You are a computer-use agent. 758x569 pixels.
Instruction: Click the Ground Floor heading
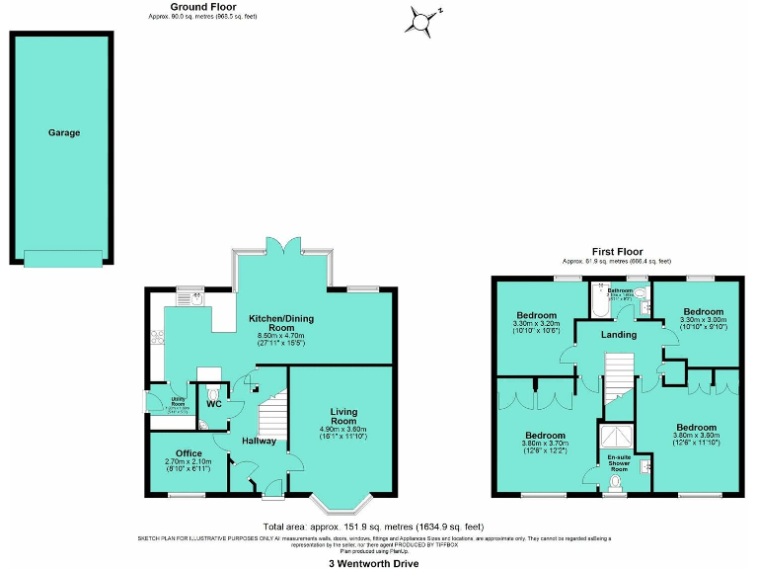coord(202,7)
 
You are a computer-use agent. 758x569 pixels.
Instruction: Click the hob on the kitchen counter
coord(156,337)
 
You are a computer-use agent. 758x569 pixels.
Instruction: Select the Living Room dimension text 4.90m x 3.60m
coord(343,429)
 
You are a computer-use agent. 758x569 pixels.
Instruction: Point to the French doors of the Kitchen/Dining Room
coord(281,248)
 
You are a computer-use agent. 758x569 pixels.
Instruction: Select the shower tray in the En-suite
coord(619,435)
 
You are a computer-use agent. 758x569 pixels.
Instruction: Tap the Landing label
coord(619,335)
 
